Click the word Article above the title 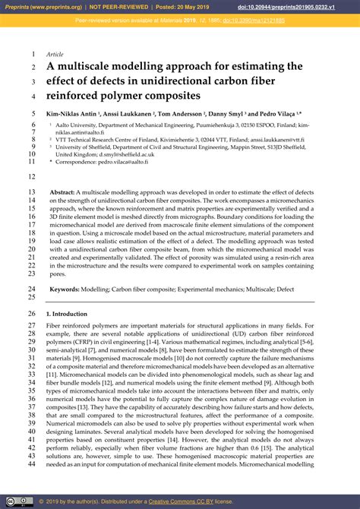55,55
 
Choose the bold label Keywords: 66,289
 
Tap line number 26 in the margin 31,314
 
